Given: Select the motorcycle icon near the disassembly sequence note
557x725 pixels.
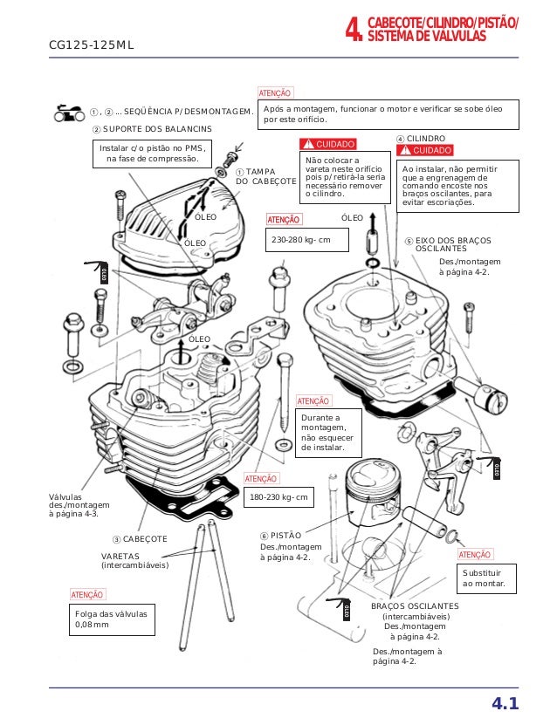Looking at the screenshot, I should [68, 112].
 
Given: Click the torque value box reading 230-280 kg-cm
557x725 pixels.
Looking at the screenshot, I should [305, 239].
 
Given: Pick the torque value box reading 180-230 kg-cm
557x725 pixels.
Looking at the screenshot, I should [280, 498].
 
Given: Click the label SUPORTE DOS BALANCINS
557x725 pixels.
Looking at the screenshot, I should [157, 129].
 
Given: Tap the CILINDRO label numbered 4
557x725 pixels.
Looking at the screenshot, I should [421, 139].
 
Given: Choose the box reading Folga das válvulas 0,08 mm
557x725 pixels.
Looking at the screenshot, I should [111, 619].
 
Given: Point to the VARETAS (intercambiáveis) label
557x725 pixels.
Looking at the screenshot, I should [134, 560].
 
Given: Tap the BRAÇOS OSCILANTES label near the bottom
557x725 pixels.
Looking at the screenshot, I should [415, 605].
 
